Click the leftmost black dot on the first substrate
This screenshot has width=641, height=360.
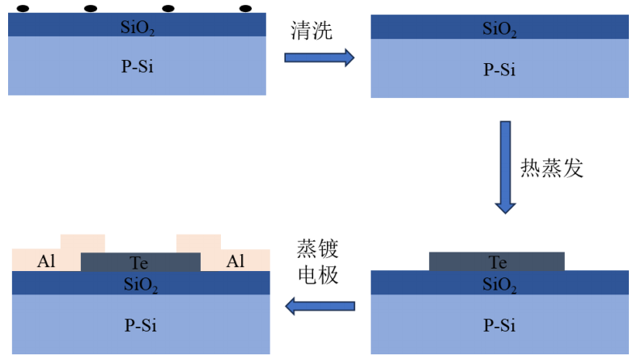[x=23, y=9]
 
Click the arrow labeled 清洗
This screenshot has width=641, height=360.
[x=319, y=57]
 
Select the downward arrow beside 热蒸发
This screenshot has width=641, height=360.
[x=505, y=167]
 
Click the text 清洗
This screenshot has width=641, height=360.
[x=312, y=32]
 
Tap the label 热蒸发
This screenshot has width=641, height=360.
[x=551, y=168]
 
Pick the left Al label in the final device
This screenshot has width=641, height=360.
[x=46, y=261]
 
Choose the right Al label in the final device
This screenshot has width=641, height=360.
[x=236, y=261]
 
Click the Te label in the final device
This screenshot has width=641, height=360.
[x=139, y=262]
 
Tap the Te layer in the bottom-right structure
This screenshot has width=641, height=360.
[x=497, y=261]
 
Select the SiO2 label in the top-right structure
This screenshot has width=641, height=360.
[x=499, y=29]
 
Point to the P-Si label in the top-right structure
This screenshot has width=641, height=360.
[x=499, y=69]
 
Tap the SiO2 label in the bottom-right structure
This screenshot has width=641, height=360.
[x=499, y=284]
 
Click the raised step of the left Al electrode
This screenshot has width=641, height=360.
[x=83, y=242]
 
